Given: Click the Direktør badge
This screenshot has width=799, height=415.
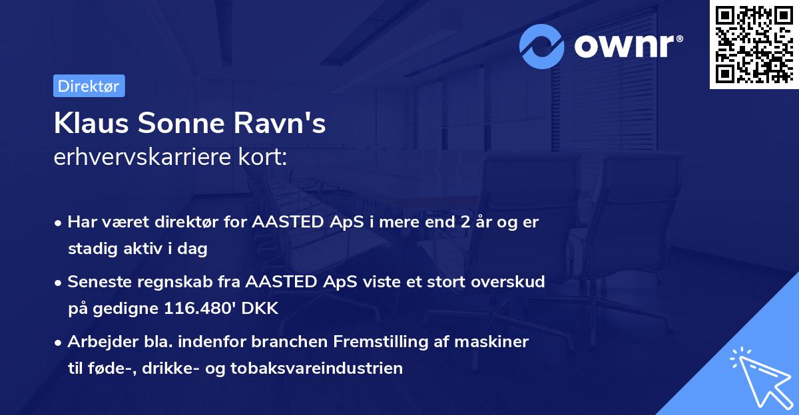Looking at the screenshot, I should click(89, 86).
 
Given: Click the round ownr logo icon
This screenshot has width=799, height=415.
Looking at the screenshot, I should click(542, 47).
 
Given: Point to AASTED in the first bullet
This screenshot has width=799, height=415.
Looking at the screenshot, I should click(280, 222).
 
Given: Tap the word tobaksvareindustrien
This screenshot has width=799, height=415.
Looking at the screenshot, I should click(329, 368).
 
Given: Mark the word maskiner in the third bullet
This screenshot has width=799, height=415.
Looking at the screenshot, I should click(496, 342).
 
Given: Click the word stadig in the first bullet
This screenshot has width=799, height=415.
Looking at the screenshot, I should click(89, 249).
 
